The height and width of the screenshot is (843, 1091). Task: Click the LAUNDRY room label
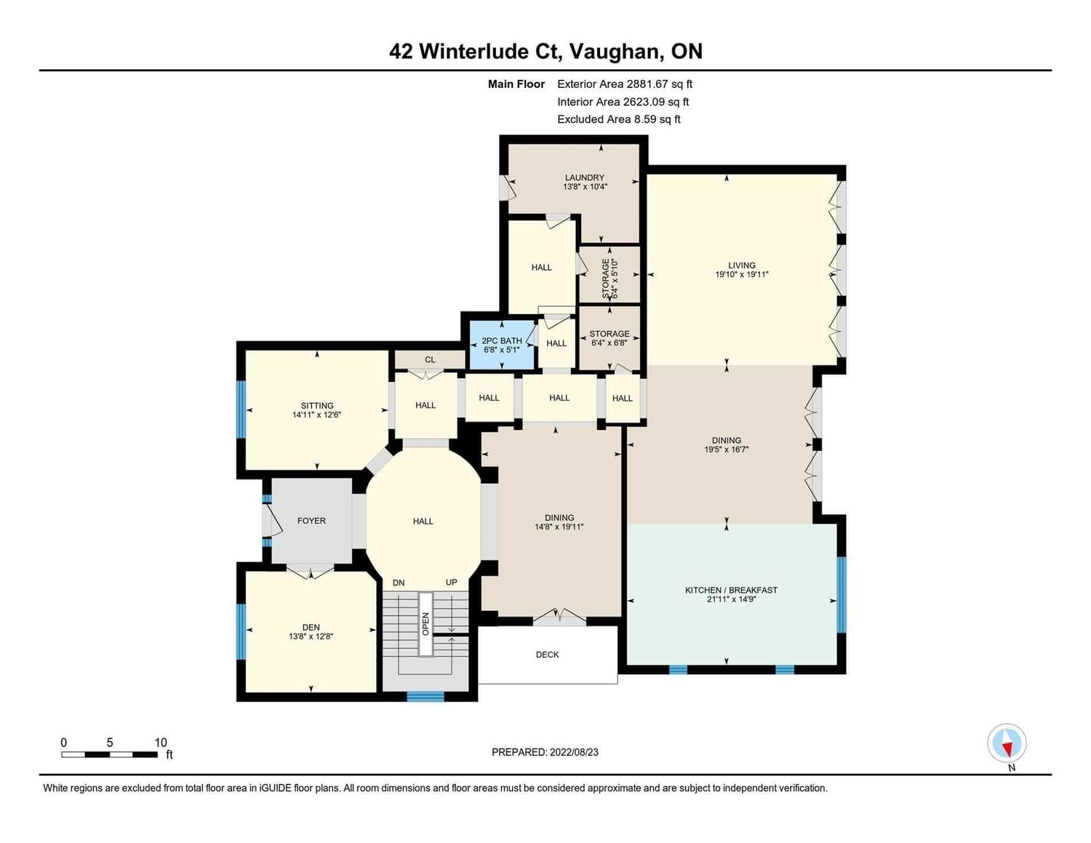tap(584, 177)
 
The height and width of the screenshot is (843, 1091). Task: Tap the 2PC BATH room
tap(502, 345)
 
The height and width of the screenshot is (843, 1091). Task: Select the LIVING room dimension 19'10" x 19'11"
tap(742, 275)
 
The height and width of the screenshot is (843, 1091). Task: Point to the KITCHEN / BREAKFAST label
tap(731, 590)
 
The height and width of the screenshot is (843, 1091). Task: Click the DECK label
tap(547, 654)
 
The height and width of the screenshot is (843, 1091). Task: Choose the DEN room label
tap(311, 627)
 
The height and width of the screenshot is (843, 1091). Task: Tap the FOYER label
tap(311, 521)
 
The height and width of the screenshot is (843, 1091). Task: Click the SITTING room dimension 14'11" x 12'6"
tap(317, 415)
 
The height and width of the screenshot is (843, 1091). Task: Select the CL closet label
tap(430, 359)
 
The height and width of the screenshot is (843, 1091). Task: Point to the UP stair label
tap(452, 582)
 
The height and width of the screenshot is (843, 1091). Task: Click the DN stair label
tap(399, 583)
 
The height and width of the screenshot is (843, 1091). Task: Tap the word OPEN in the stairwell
tap(425, 624)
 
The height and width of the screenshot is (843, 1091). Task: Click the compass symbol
tap(1007, 743)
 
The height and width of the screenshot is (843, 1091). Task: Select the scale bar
tap(109, 754)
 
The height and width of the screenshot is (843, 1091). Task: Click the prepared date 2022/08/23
tap(574, 752)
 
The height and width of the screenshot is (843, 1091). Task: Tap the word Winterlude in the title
tap(473, 51)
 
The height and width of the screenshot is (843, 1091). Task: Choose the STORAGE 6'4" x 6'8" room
tap(610, 338)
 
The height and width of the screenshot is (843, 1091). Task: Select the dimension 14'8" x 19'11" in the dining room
tap(559, 527)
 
